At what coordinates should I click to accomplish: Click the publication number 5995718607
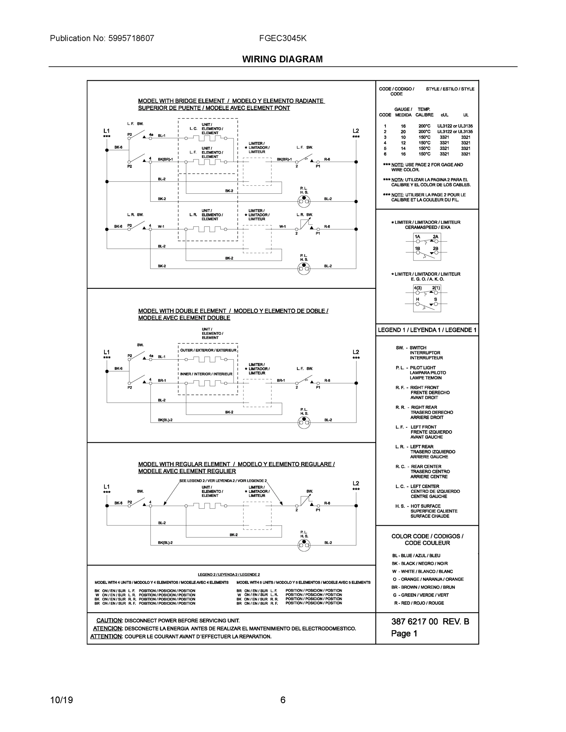click(x=131, y=38)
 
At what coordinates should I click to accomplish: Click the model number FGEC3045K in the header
click(x=283, y=38)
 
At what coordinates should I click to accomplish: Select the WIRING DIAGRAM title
click(x=282, y=59)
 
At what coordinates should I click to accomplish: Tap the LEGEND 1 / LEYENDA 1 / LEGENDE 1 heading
click(x=427, y=330)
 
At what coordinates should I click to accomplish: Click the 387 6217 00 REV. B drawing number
click(x=430, y=621)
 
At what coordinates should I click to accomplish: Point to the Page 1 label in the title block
click(x=404, y=633)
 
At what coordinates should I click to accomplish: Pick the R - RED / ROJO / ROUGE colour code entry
click(x=419, y=603)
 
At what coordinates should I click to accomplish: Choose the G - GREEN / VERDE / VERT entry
click(x=421, y=595)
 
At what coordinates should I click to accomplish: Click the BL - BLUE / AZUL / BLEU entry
click(x=416, y=555)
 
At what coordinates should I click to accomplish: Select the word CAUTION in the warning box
click(x=109, y=620)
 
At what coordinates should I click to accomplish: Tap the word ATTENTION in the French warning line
click(x=106, y=637)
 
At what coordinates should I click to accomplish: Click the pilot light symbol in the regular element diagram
click(x=304, y=545)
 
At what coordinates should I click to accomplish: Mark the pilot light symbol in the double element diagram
click(x=304, y=423)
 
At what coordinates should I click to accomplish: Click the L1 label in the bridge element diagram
click(x=106, y=131)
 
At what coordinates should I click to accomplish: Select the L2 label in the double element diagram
click(x=356, y=352)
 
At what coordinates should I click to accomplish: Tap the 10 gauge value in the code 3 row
click(x=403, y=137)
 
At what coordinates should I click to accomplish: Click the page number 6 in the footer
click(x=283, y=700)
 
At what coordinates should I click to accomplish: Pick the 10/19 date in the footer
click(x=61, y=700)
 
